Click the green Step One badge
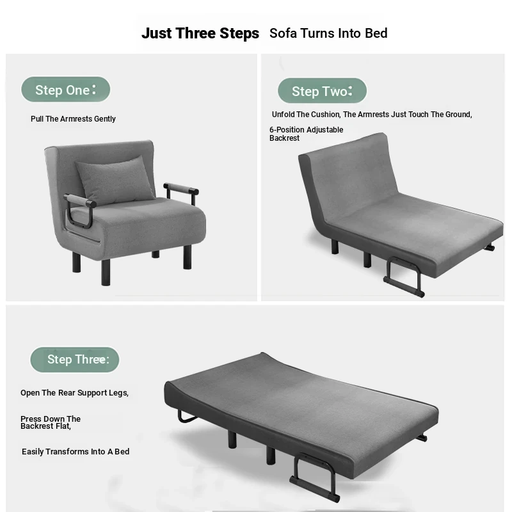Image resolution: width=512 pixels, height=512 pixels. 66,90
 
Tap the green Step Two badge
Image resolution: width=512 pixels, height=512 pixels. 323,91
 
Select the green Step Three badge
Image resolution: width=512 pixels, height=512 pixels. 75,360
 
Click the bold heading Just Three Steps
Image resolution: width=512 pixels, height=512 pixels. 200,33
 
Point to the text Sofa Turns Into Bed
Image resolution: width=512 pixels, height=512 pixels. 328,33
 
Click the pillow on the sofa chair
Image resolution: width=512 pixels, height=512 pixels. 115,180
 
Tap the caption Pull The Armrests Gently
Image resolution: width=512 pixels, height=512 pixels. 73,119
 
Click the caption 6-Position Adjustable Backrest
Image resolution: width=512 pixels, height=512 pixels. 307,134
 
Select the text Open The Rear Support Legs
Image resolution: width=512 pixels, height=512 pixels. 74,393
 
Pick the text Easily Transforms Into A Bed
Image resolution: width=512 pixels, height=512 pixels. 76,452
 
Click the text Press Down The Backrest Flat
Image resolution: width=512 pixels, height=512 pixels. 51,422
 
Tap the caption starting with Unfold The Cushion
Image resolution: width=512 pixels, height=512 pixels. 372,115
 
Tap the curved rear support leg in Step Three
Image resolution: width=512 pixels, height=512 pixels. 186,417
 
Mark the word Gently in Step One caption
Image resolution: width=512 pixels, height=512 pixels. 105,119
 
